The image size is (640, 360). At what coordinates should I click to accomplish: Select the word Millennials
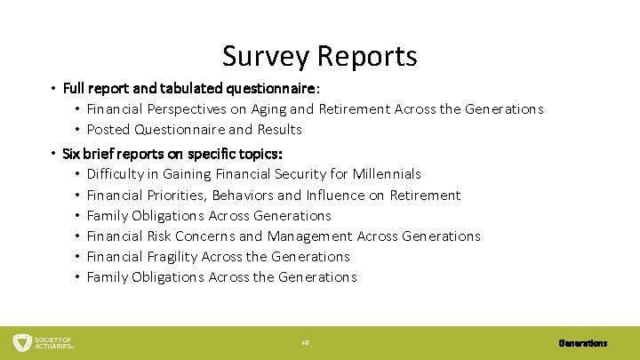coord(387,174)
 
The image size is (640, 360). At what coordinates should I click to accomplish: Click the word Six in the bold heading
coord(71,154)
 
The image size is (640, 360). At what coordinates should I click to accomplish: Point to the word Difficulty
coord(118,174)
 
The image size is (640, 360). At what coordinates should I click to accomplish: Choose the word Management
coord(308,236)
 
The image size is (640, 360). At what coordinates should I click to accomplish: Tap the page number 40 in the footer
coord(304,342)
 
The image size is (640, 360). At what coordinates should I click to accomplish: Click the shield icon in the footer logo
coord(22,342)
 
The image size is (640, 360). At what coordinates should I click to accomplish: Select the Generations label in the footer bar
coord(583,342)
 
